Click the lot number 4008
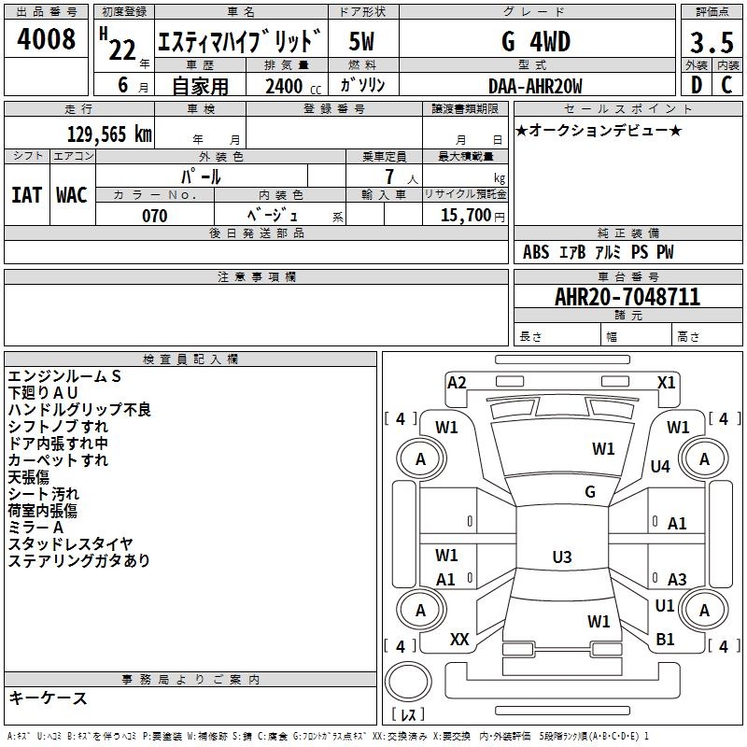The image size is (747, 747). point(47,40)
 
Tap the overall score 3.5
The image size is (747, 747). point(711,42)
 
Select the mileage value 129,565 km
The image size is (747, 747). point(109,134)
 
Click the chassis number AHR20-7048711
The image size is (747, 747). point(627,297)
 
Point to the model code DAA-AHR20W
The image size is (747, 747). point(535,86)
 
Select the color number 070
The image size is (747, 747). point(155,216)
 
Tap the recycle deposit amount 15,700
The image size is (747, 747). point(464,216)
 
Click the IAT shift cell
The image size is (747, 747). point(27,194)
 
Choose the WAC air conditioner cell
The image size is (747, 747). point(72,194)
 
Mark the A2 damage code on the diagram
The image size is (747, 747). point(457,382)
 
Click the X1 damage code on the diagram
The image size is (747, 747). point(666,382)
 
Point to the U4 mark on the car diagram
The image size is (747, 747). point(660,466)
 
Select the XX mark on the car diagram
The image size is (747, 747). point(459,640)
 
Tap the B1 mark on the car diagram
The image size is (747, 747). point(665,640)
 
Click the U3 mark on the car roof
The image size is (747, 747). point(561,557)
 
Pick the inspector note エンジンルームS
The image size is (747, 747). point(64,376)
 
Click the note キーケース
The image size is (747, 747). point(48,698)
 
